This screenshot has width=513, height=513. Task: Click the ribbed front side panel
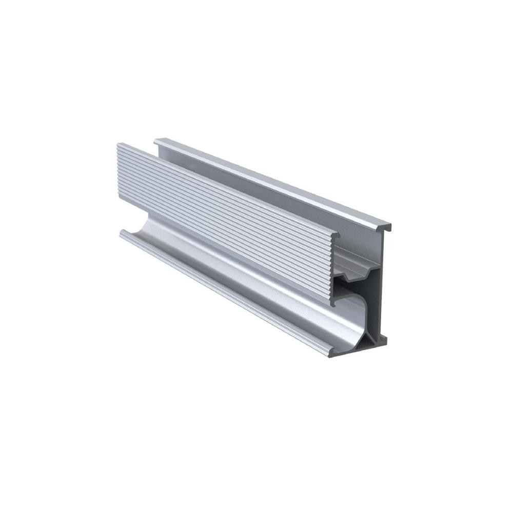click(x=221, y=215)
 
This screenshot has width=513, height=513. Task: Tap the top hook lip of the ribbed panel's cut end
click(x=336, y=235)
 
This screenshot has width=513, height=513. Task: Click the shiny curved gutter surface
click(x=256, y=287)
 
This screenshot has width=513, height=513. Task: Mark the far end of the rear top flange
click(x=156, y=140)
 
